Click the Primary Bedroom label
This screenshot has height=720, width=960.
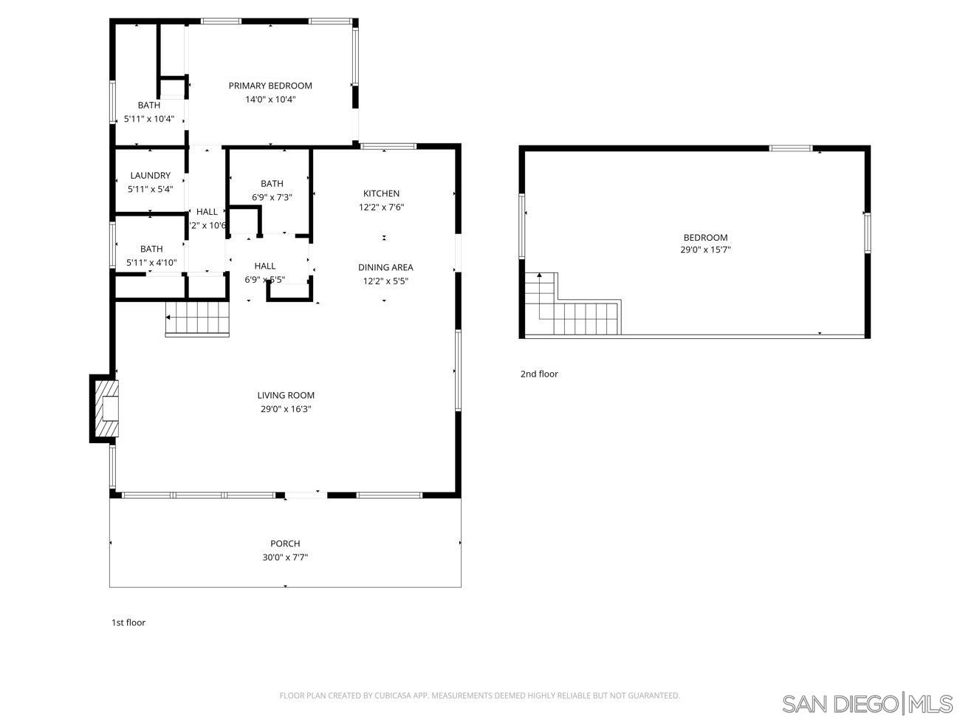tap(270, 86)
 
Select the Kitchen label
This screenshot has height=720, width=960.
tap(381, 193)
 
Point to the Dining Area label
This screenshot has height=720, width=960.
tap(385, 267)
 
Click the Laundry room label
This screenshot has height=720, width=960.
tap(150, 176)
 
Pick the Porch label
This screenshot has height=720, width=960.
tap(285, 544)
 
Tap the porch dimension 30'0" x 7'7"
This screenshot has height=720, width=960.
tap(285, 558)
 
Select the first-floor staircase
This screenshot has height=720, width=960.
tap(197, 318)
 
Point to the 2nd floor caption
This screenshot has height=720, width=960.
tap(539, 374)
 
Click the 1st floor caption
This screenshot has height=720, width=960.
tap(128, 623)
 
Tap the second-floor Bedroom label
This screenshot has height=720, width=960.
tap(705, 237)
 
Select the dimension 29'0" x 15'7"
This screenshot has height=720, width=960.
tap(705, 250)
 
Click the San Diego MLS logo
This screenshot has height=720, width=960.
tap(868, 703)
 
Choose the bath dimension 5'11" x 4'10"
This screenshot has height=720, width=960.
tap(151, 262)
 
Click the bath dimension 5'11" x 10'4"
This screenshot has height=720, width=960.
tap(149, 119)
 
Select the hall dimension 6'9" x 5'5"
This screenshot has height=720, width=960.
tap(265, 280)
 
